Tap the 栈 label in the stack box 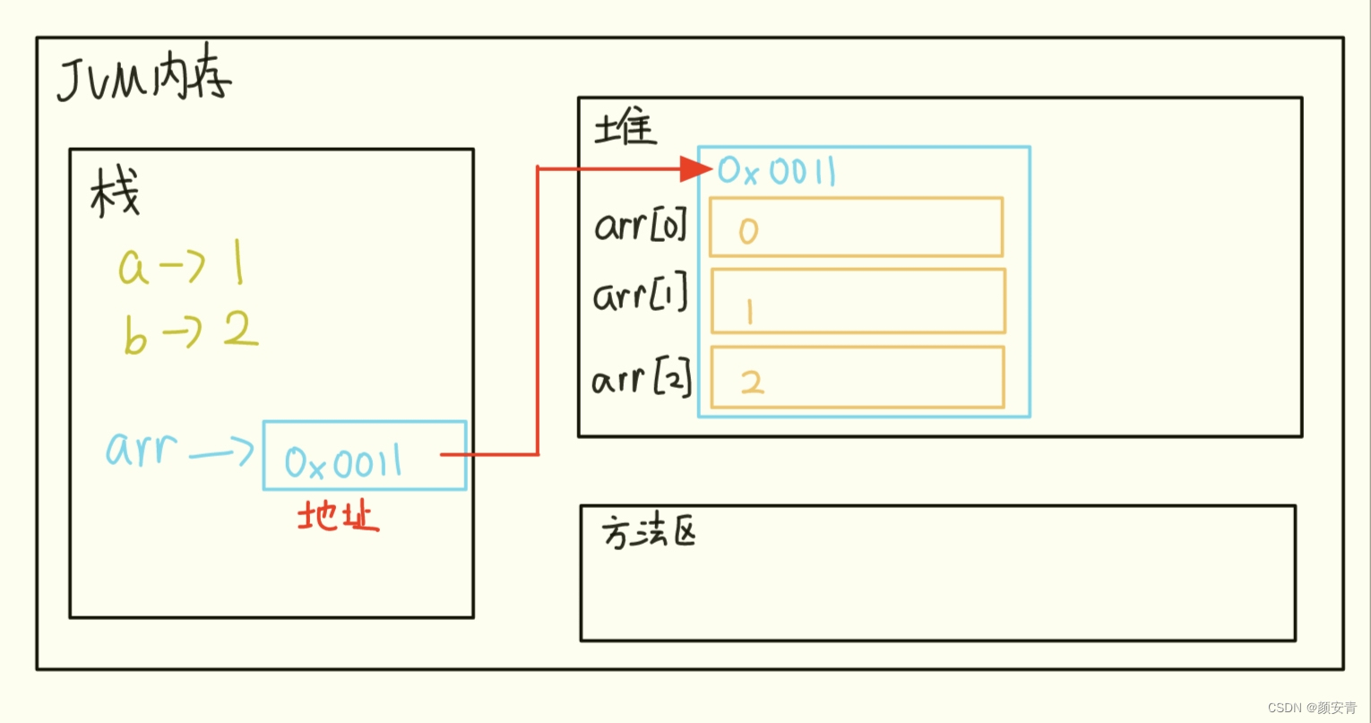115,194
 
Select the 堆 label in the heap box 625,128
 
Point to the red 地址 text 338,516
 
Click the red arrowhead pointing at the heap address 695,168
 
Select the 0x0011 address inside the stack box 343,462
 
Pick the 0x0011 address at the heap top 776,170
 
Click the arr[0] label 640,226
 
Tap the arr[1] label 640,295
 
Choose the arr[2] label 642,380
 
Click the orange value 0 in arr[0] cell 748,231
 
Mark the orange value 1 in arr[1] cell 748,311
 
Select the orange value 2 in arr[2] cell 752,382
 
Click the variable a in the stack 134,268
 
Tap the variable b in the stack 134,337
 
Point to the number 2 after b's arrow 240,331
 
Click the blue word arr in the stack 141,448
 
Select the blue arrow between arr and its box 220,453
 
